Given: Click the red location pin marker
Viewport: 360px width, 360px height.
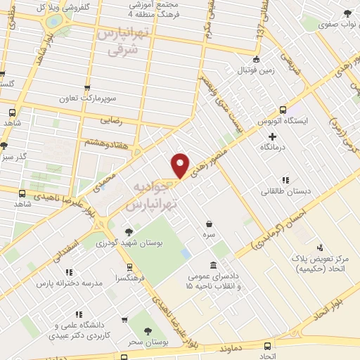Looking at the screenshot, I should (181, 165).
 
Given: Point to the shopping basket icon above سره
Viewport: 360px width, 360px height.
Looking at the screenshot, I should (209, 223).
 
